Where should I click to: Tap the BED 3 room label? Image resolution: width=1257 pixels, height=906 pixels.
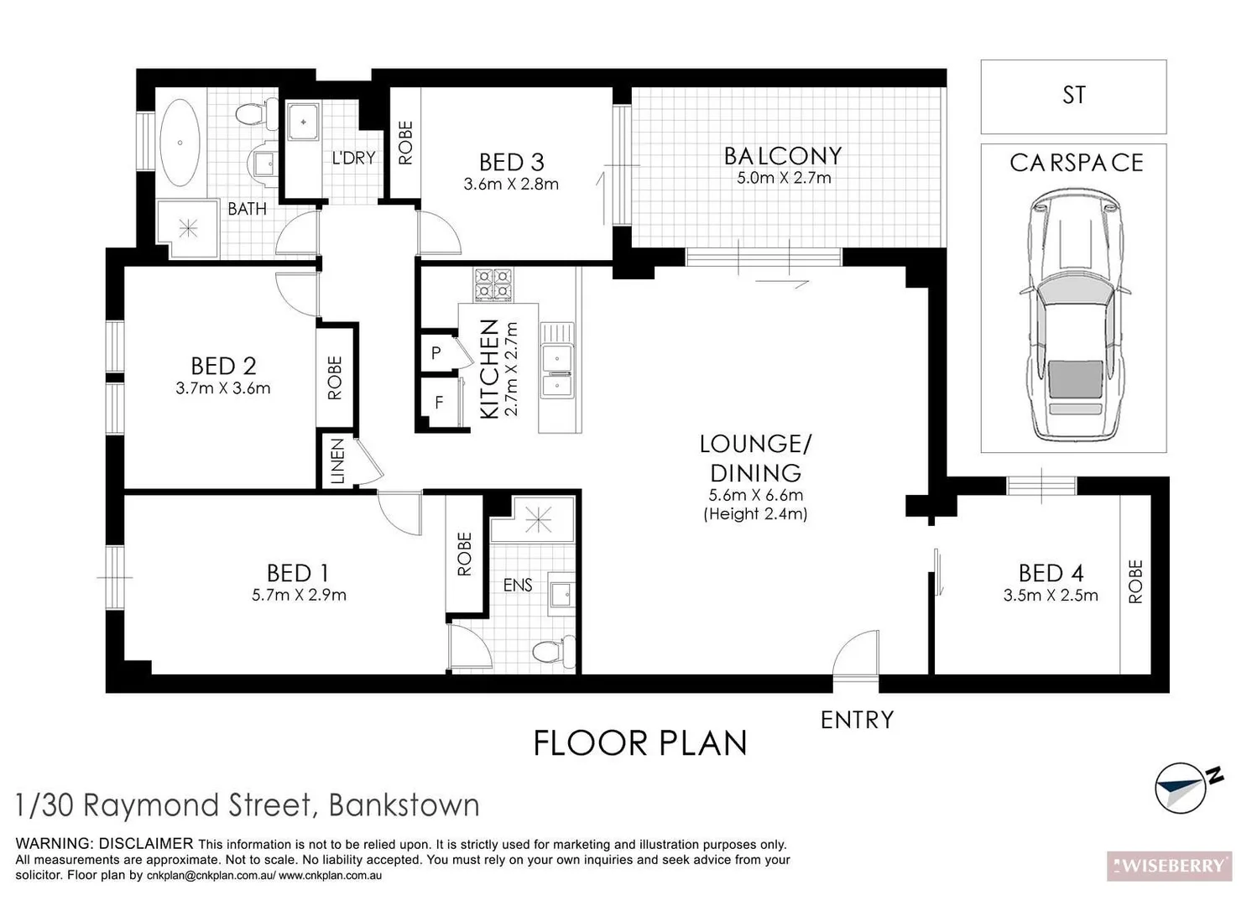click(511, 161)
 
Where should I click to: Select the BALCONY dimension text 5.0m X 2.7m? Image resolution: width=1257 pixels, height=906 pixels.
click(784, 178)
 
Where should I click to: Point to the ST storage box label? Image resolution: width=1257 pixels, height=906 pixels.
click(1073, 96)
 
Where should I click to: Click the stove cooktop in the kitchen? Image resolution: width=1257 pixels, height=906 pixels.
click(493, 284)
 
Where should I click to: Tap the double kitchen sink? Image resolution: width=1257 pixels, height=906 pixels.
click(555, 370)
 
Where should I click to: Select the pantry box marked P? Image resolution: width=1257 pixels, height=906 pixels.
click(436, 353)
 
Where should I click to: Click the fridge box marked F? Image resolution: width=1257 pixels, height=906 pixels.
click(438, 403)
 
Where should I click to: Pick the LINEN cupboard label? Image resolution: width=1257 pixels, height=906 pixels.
click(337, 461)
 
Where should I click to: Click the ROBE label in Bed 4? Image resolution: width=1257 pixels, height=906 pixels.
click(1136, 581)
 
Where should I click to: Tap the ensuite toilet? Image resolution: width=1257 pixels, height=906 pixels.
click(554, 650)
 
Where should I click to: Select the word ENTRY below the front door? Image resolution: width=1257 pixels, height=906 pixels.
click(857, 720)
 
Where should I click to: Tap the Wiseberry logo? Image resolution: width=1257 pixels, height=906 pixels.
click(1169, 866)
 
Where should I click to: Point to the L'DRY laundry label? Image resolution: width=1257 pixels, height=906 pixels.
click(353, 158)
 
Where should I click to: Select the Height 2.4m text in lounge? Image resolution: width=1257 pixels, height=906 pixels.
click(755, 513)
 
